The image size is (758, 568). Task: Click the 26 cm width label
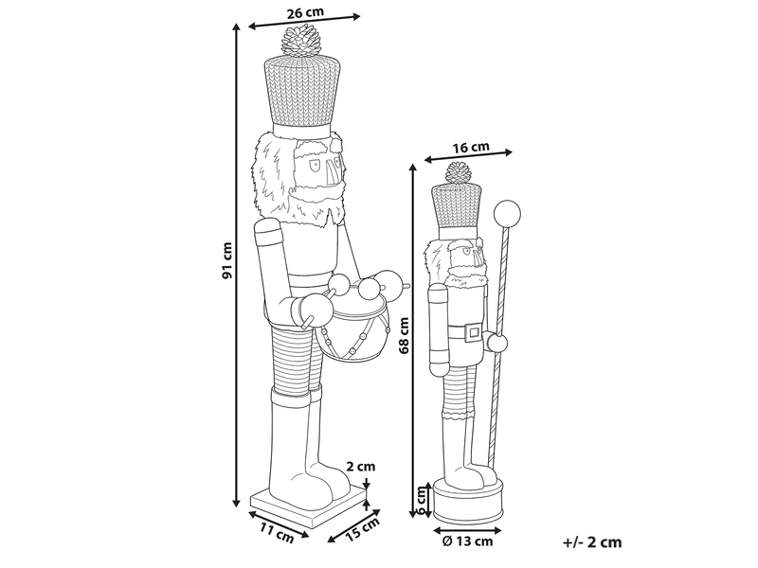(305, 12)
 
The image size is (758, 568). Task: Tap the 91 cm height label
(226, 260)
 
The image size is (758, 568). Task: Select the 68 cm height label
(403, 336)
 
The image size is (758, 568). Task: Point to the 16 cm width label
(471, 147)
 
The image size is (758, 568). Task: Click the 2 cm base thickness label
(361, 466)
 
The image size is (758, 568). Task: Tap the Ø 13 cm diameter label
(467, 541)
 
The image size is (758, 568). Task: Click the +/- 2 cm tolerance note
(593, 542)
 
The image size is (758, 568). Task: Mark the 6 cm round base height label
(422, 500)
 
